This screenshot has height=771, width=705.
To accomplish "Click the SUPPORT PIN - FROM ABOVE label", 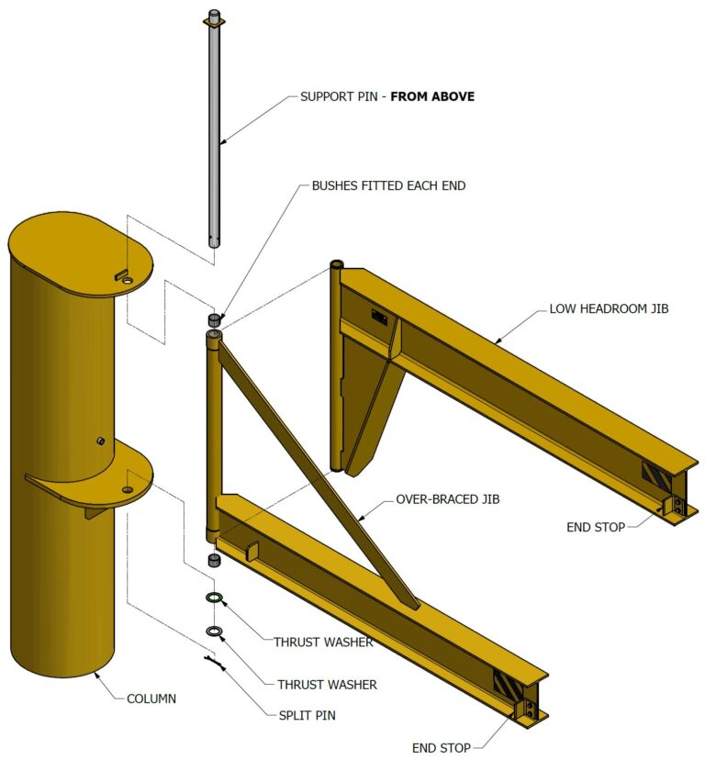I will coord(387,95).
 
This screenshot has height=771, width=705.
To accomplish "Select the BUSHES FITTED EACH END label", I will coord(388,185).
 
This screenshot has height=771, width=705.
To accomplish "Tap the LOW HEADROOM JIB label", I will coord(609,308).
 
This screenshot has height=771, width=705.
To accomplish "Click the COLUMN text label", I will coord(151,698).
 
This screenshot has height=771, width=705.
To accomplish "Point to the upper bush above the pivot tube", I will coord(214,319).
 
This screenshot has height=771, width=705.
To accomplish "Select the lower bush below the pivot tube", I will coord(214,560).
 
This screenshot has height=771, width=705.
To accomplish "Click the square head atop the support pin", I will coord(214,19).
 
